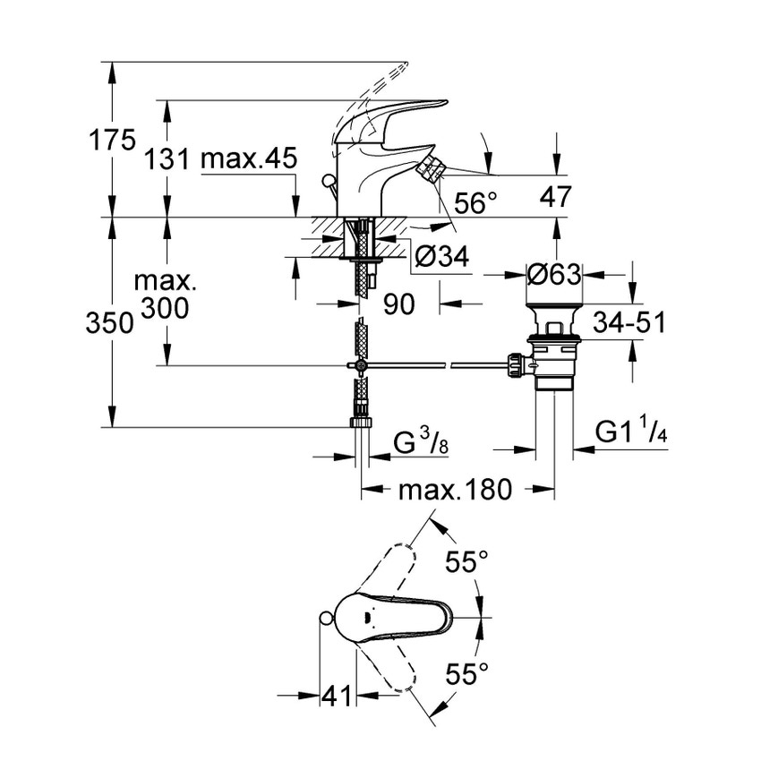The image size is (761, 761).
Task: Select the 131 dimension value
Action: pyautogui.click(x=167, y=160)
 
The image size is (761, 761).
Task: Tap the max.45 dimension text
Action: pyautogui.click(x=248, y=160)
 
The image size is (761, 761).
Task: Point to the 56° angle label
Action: pyautogui.click(x=475, y=203)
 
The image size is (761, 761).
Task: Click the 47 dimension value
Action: pyautogui.click(x=555, y=197)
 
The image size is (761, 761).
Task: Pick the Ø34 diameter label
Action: pyautogui.click(x=441, y=257)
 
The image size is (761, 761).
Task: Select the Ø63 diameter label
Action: pyautogui.click(x=553, y=275)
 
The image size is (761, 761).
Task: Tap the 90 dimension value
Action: pyautogui.click(x=399, y=304)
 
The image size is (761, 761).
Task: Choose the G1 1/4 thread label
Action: pyautogui.click(x=632, y=433)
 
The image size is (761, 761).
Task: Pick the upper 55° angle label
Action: pyautogui.click(x=467, y=562)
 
